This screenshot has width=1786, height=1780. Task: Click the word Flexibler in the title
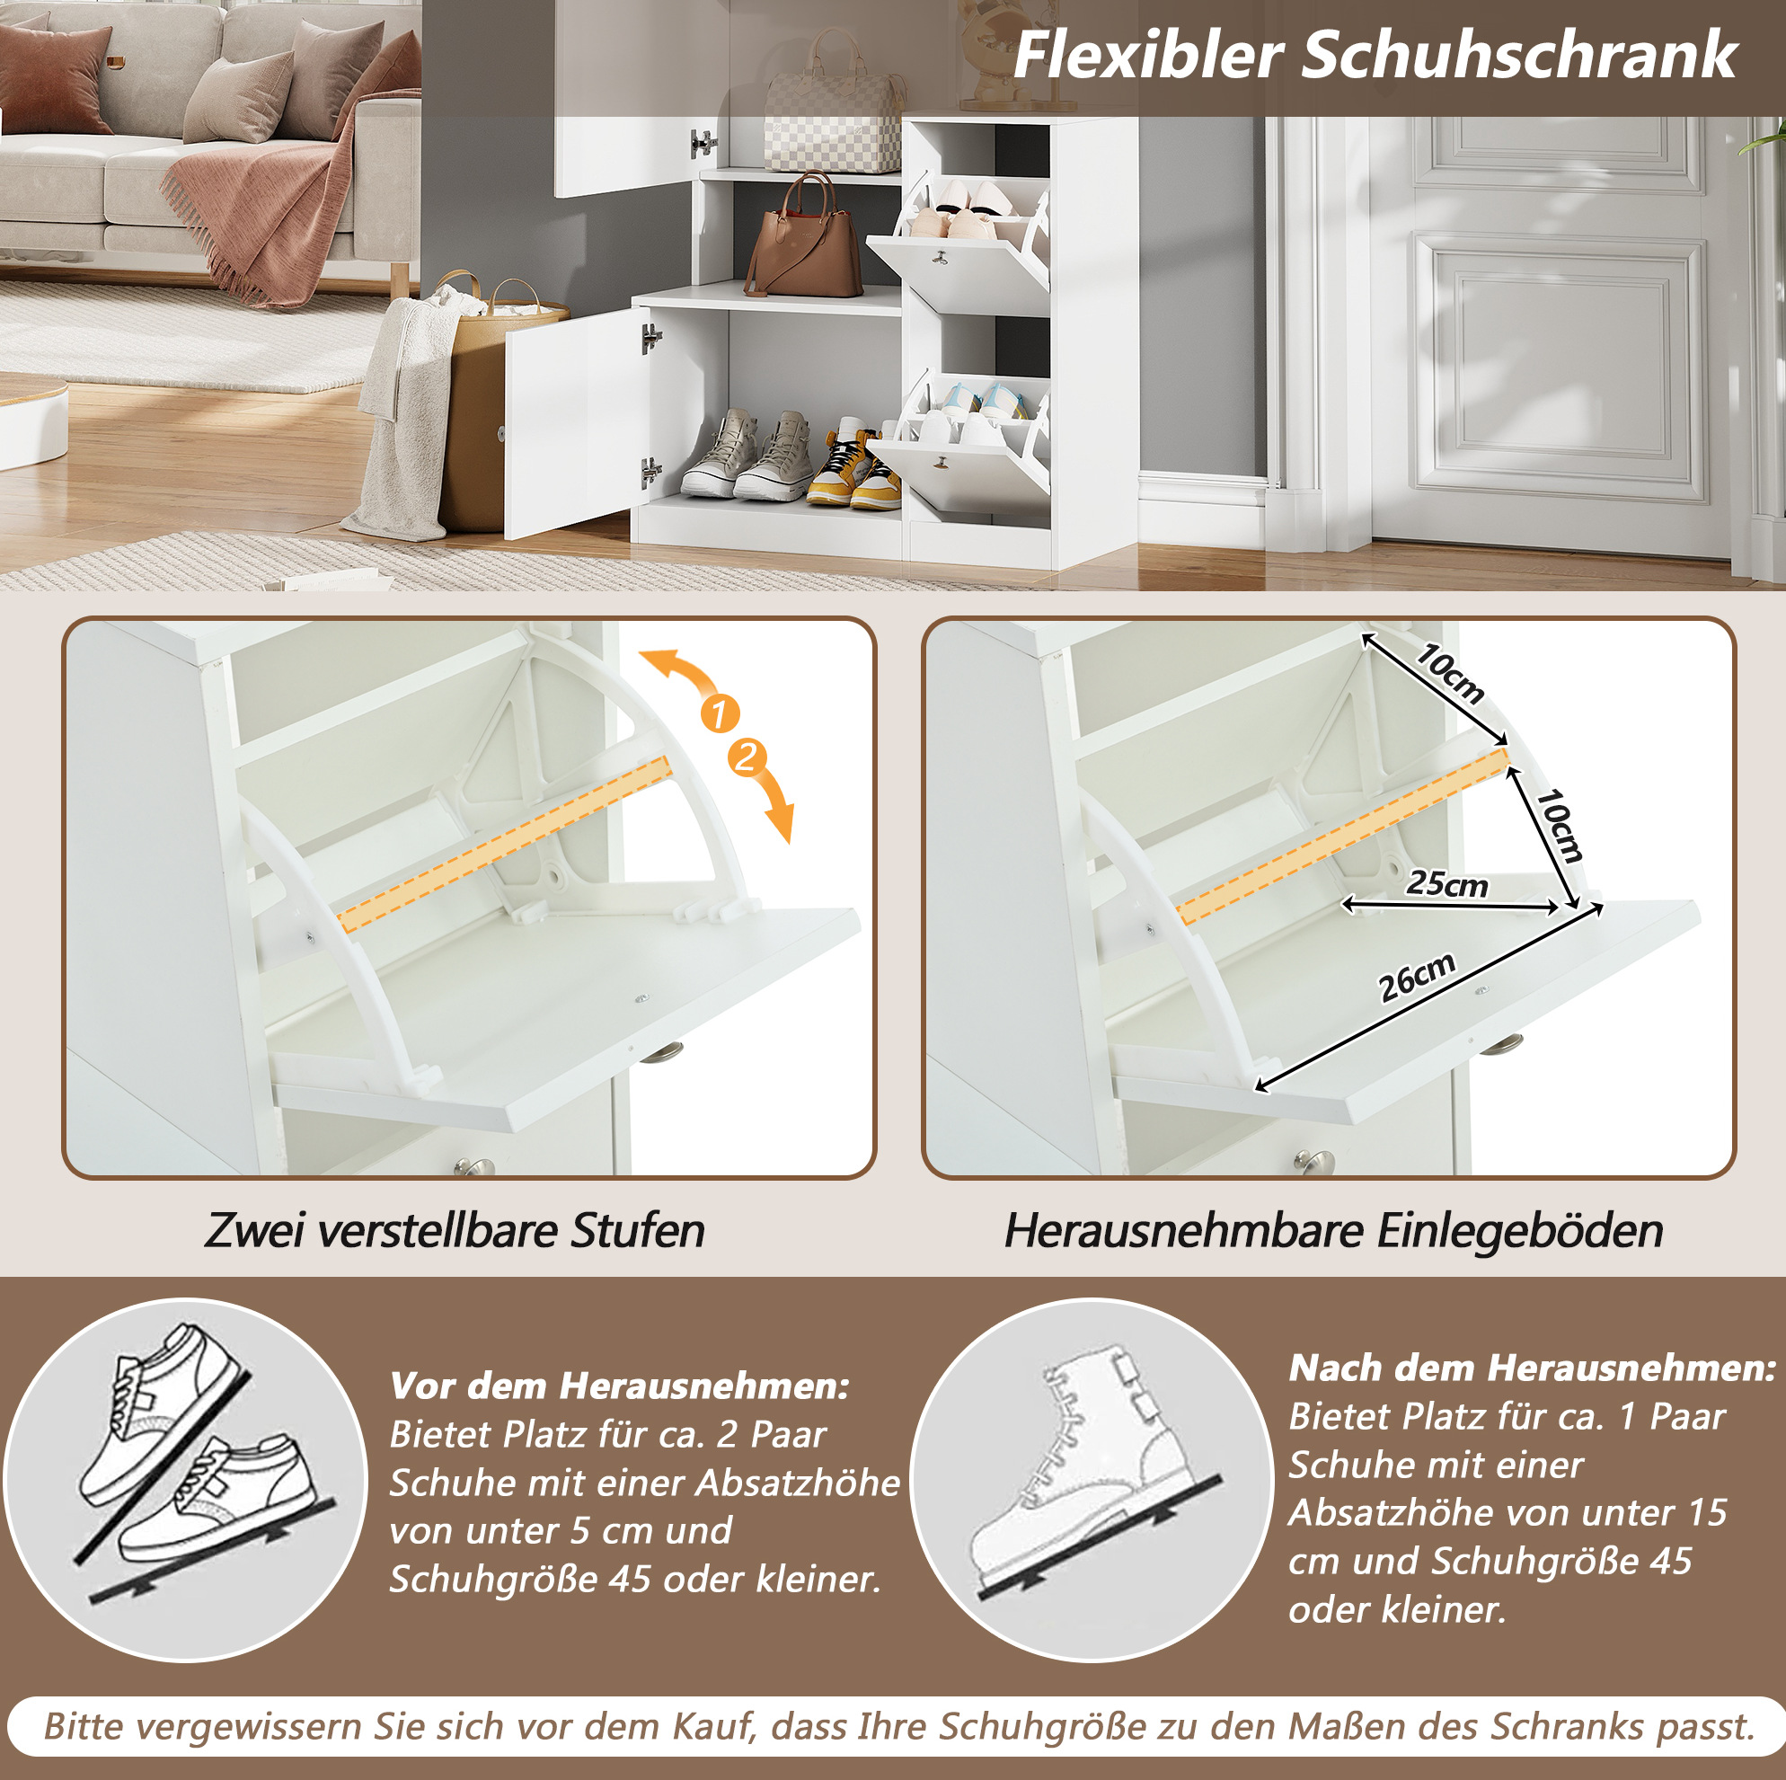click(x=1148, y=56)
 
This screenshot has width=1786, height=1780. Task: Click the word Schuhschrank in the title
click(x=1519, y=56)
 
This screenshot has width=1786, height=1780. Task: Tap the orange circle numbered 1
click(x=721, y=713)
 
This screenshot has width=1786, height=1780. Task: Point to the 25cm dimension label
click(x=1446, y=884)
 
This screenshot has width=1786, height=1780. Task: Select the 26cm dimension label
click(x=1417, y=977)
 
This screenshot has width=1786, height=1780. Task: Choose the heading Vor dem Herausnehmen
click(x=619, y=1386)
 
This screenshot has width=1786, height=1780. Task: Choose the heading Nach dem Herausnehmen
click(x=1532, y=1368)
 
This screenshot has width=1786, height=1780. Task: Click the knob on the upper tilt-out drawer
click(x=942, y=258)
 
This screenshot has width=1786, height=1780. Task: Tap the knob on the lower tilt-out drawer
click(x=943, y=459)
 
